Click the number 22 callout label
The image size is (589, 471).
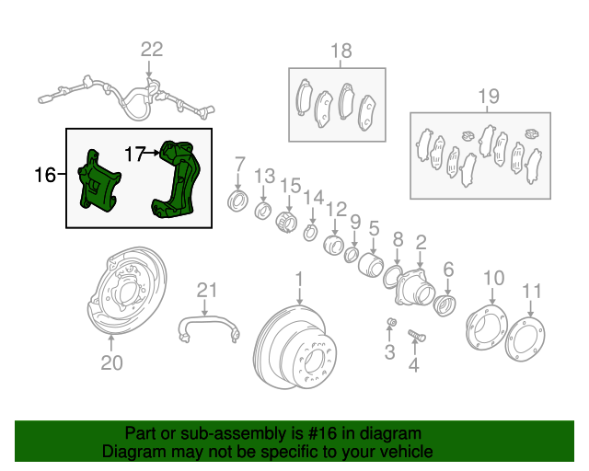pos(151,50)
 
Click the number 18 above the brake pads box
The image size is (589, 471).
pos(341,50)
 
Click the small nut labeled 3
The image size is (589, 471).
pos(390,321)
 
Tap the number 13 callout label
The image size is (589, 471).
pos(264,176)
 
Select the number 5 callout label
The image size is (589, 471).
pos(375,226)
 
